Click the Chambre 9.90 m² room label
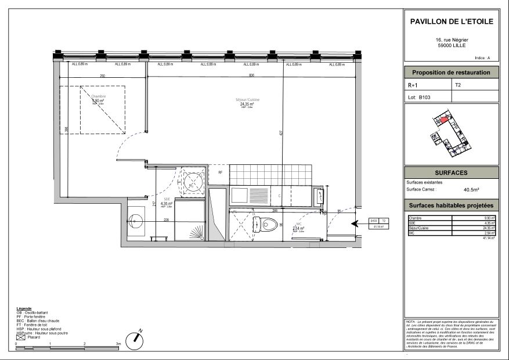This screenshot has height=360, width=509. coord(98,100)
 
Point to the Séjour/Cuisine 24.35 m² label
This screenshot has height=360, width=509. coord(247,102)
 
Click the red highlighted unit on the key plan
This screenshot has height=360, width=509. coord(445,120)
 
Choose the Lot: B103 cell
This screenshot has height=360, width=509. coord(428,98)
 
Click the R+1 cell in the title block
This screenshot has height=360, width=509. coord(428,85)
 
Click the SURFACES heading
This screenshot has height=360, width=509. coord(451,173)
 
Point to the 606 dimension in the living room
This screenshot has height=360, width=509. coord(252,76)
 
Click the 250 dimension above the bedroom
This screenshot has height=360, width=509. coord(102,76)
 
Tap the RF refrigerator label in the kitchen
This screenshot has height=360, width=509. coord(220,172)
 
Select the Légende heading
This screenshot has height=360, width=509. coord(24,308)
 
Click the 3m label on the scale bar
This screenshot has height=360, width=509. coord(118,344)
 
